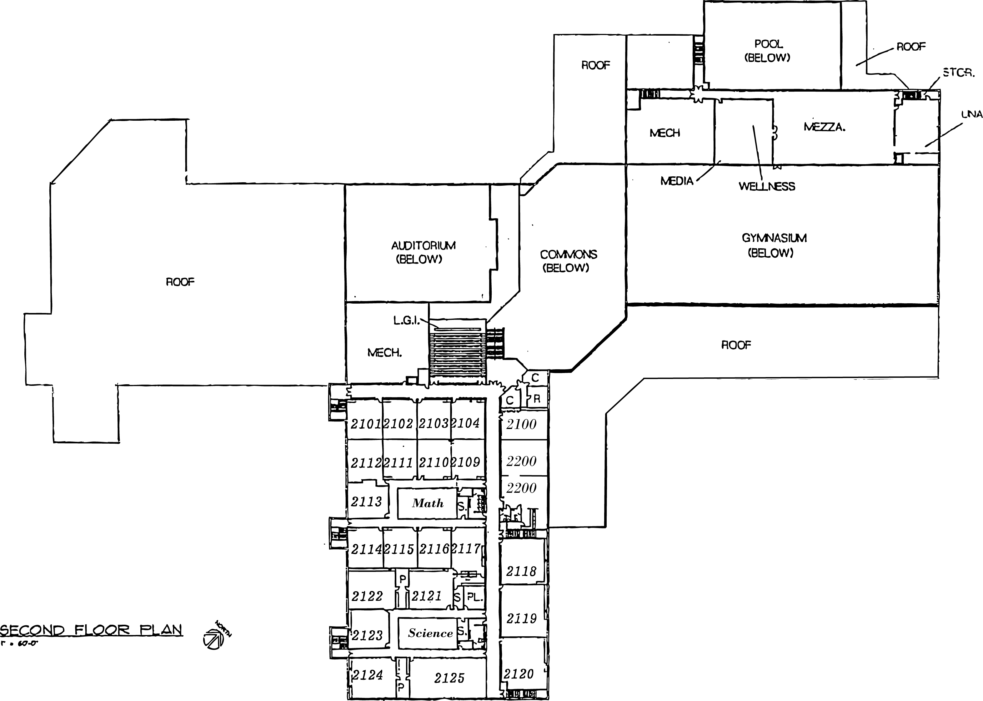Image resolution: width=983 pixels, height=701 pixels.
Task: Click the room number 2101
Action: point(365,424)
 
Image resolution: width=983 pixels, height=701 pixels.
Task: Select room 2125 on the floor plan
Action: point(449,678)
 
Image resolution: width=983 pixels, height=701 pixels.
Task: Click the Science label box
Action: point(430,633)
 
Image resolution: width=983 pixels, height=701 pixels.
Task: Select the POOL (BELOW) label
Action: point(768,51)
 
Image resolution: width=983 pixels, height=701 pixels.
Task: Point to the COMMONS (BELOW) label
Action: point(568,261)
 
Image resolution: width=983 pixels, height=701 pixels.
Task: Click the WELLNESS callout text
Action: point(767,186)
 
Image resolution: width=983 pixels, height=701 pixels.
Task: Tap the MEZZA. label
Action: point(824,127)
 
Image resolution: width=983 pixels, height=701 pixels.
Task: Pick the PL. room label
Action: point(474,598)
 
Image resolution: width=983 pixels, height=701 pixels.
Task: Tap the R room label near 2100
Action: point(537,399)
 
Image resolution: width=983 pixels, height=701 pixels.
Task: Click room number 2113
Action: point(366,502)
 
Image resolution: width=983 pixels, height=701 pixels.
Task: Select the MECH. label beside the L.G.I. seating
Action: point(384,353)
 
